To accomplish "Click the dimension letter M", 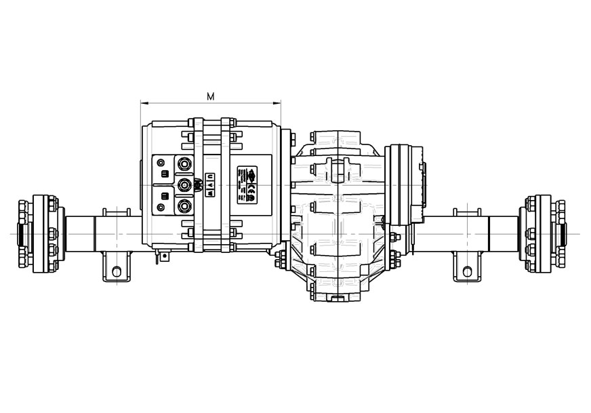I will click(x=211, y=96).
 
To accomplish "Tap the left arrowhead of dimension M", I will click(x=143, y=104).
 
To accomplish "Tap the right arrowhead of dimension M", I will click(x=278, y=104).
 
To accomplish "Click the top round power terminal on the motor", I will click(x=184, y=164).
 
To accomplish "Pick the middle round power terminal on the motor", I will click(x=184, y=185).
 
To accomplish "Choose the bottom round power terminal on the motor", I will click(x=184, y=206).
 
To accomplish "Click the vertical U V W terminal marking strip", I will click(x=210, y=185).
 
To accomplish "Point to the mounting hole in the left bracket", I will click(x=118, y=271).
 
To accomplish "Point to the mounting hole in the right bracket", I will click(x=466, y=271).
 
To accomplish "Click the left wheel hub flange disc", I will click(x=43, y=234).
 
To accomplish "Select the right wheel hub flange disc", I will click(x=540, y=234).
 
